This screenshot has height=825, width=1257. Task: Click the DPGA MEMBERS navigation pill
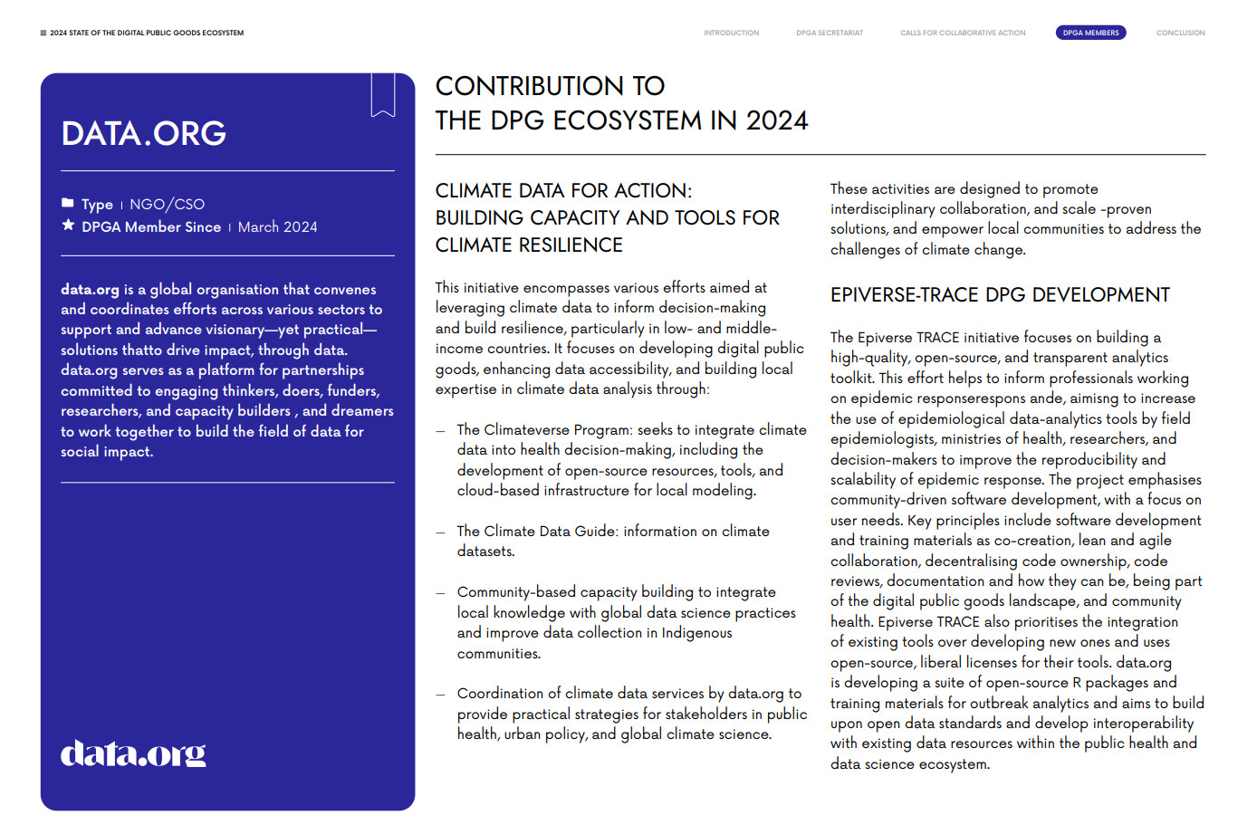click(1090, 33)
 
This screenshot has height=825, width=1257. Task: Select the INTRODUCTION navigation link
click(731, 33)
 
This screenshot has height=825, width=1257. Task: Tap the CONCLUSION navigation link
click(1180, 33)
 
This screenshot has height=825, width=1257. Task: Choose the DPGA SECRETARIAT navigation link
click(830, 33)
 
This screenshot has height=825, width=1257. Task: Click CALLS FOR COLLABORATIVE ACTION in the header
click(963, 33)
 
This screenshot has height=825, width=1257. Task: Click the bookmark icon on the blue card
click(383, 94)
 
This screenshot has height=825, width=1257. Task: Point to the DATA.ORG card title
click(144, 134)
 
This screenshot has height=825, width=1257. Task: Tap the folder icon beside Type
click(68, 203)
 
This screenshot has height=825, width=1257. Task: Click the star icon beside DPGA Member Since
click(68, 225)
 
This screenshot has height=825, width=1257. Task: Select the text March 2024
click(277, 227)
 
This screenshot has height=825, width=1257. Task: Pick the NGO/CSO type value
click(167, 205)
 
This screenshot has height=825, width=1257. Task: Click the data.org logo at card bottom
click(133, 753)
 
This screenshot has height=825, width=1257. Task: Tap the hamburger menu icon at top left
click(43, 33)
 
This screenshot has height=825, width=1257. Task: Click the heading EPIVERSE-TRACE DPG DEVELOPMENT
click(1000, 295)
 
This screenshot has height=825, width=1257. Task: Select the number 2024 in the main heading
click(776, 120)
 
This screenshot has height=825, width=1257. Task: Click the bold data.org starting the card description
click(90, 290)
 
